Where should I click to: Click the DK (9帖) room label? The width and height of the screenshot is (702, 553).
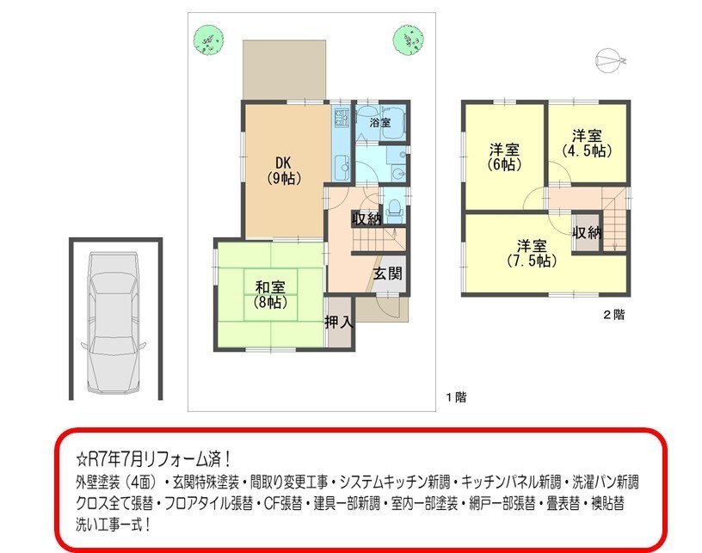point(284,170)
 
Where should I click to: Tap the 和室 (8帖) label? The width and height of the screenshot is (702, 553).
point(270,294)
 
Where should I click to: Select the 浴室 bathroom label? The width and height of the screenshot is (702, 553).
point(379,122)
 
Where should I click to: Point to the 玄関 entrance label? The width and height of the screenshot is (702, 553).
point(387,273)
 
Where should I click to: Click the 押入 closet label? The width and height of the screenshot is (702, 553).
point(339,322)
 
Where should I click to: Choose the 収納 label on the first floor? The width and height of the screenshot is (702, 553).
point(366,218)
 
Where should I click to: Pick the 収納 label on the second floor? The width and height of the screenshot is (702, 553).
point(587,233)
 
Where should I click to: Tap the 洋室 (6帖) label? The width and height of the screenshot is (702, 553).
point(504,157)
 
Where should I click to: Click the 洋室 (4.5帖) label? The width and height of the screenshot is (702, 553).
point(587,143)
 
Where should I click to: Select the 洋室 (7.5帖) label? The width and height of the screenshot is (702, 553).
point(532,253)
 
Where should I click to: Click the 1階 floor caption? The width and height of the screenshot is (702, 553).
point(456,396)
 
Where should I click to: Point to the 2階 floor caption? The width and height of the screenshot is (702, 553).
point(613,315)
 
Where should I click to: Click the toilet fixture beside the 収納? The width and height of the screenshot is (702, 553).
point(394,209)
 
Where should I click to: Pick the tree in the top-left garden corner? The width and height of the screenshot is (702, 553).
point(209,40)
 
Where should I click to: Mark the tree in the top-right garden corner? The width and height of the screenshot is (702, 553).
point(409,40)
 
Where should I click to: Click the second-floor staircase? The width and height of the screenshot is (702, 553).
point(615,219)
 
